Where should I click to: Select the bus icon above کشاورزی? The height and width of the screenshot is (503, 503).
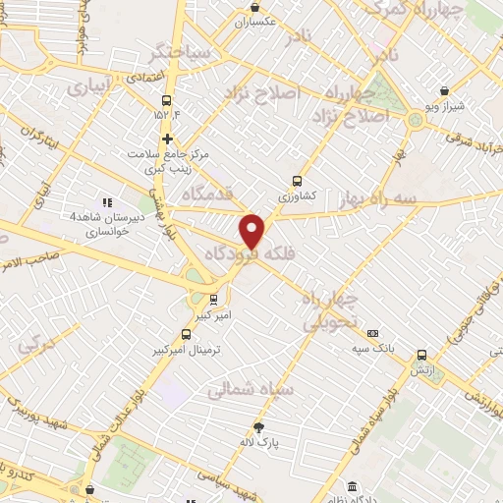[297, 181]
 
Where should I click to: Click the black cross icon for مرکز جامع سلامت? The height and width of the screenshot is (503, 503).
[168, 139]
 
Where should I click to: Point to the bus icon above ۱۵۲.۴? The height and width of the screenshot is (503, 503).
[166, 100]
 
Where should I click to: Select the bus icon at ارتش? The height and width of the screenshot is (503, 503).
[421, 356]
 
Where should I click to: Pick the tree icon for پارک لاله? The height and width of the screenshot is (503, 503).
[259, 426]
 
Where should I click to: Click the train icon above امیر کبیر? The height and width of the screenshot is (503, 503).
[215, 301]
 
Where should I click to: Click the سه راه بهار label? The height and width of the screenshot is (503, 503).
[374, 199]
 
